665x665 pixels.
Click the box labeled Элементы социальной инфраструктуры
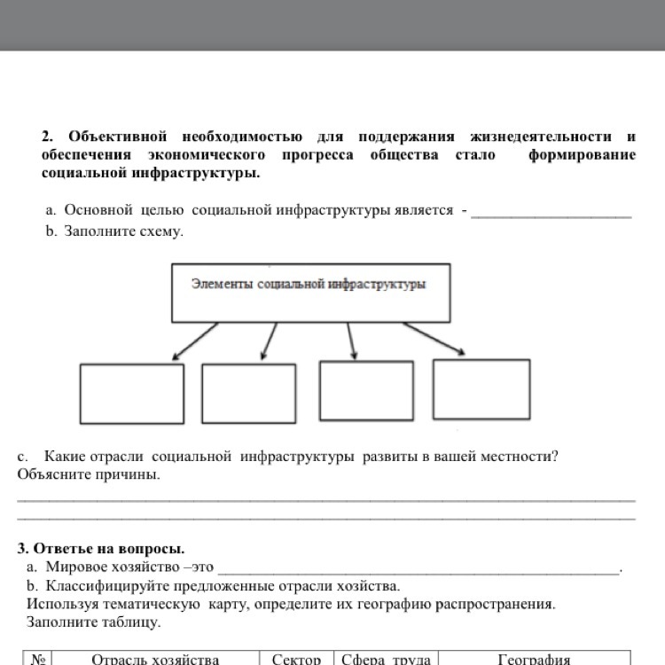310,292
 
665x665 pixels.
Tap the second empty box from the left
249,394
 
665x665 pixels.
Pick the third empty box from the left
366,390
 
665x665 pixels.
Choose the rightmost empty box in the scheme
481,388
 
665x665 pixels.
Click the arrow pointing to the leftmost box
195,341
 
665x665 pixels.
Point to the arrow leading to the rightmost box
434,339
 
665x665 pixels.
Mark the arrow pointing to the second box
269,341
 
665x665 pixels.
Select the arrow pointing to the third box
352,340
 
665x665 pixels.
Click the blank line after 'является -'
551,214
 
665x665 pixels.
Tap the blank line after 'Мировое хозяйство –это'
419,570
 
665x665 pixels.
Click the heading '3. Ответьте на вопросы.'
101,549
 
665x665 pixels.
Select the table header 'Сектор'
296,659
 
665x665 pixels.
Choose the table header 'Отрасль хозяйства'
155,659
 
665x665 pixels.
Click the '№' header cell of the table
38,659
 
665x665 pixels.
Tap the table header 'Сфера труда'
387,659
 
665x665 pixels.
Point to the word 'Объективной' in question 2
118,137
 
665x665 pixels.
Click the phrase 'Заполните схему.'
123,231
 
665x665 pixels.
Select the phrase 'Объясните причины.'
89,474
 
